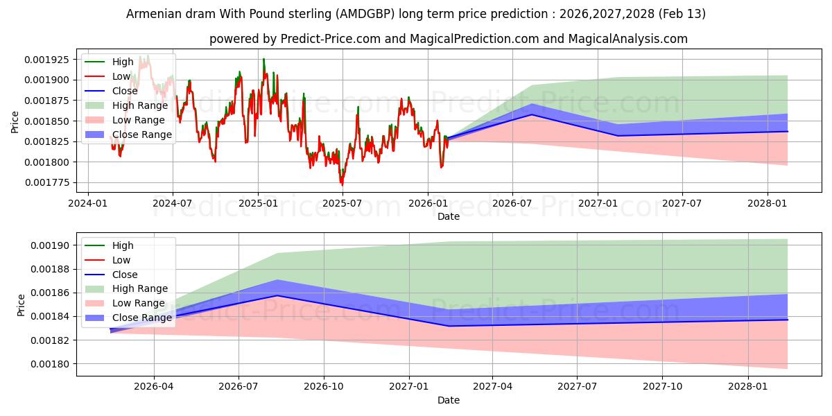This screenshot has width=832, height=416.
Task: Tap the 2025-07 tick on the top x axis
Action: tap(343, 203)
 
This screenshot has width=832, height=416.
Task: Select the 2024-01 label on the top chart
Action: tap(87, 203)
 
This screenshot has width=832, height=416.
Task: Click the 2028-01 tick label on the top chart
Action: tap(768, 203)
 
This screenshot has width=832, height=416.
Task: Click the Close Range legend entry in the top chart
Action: tap(141, 135)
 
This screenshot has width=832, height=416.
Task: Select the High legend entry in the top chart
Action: tap(123, 62)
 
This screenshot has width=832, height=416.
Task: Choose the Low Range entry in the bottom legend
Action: tap(139, 303)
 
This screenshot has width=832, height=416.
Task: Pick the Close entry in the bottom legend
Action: tap(125, 275)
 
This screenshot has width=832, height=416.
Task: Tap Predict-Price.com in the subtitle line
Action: tap(331, 39)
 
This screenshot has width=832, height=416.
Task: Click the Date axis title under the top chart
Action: tap(448, 216)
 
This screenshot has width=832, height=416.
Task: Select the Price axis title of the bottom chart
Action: tap(21, 305)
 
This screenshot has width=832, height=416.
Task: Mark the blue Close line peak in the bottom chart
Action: tap(277, 295)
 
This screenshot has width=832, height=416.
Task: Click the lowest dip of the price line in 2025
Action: tap(341, 184)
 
